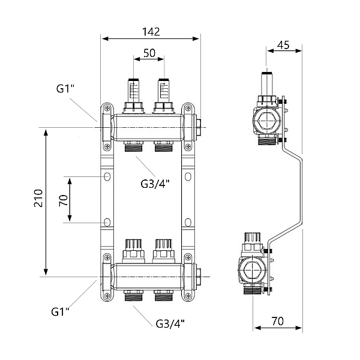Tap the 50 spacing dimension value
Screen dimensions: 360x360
pos(149,53)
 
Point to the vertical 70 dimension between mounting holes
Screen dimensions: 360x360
pos(62,200)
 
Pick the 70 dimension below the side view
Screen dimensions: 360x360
pos(277,321)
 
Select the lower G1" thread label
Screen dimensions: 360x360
pos(60,311)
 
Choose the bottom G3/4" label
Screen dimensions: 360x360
pos(169,323)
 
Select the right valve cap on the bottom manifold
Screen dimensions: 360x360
pos(163,247)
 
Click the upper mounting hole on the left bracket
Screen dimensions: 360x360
pos(107,177)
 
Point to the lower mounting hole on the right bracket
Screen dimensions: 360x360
pos(189,222)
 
